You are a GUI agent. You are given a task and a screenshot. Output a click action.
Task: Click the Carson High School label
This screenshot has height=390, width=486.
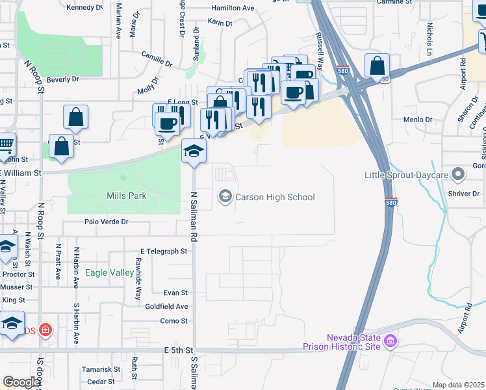tap(275, 197)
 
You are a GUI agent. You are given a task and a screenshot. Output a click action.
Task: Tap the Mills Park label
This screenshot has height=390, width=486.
tap(126, 196)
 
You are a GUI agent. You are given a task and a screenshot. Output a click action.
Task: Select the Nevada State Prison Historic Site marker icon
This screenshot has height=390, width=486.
tap(390, 341)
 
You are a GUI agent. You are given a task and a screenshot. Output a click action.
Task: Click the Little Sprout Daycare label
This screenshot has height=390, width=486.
tap(403, 175)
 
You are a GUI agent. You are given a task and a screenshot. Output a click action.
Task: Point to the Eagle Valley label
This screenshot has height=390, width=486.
tap(109, 273)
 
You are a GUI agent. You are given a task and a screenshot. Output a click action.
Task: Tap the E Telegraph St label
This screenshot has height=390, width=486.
tap(163, 251)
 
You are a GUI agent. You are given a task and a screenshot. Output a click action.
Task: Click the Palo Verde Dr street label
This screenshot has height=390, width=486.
tap(107, 222)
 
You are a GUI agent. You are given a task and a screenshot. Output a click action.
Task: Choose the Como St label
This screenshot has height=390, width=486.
tap(173, 321)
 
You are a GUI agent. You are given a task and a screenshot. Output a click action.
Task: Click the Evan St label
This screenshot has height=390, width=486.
tap(175, 293)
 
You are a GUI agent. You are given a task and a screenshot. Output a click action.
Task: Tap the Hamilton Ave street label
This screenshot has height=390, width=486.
tap(232, 8)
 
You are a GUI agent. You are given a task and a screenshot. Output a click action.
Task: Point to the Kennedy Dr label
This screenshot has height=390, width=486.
tap(84, 8)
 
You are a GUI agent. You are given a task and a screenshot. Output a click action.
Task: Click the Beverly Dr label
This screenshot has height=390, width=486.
tap(62, 79)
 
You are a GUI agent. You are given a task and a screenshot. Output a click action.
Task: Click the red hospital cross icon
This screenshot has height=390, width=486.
tap(45, 330)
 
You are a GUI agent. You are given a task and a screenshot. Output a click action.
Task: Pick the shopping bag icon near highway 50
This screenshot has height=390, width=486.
tap(377, 66)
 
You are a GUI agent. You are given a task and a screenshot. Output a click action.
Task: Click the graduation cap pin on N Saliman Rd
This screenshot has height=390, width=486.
tap(193, 151)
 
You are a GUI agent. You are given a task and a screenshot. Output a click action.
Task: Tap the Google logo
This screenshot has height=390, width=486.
tap(21, 382)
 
